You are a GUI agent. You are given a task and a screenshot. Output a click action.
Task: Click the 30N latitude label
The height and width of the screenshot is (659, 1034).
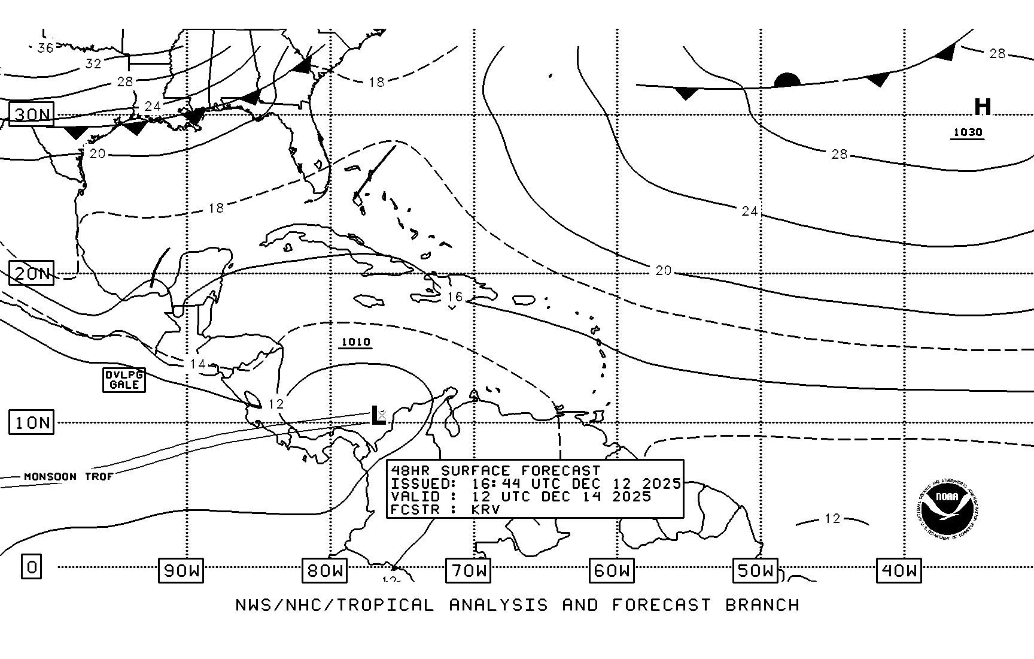pos(32,114)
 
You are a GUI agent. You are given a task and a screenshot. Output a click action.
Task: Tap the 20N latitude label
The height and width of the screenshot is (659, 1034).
pos(32,273)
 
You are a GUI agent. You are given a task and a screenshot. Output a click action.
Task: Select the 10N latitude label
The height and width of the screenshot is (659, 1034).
pos(32,422)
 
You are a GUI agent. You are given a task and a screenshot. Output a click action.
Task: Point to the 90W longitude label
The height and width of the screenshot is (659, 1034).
pos(181,570)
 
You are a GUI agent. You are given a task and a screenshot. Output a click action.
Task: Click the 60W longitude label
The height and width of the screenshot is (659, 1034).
pos(612,570)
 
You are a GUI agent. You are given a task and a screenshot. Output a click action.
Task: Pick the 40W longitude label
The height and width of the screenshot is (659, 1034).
pos(899,570)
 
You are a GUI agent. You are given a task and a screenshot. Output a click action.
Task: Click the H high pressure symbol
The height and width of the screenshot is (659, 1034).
pos(983,107)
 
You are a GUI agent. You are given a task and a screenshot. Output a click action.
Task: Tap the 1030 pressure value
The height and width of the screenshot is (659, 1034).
pos(968,132)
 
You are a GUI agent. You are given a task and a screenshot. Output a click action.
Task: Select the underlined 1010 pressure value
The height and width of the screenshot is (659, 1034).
pos(355,342)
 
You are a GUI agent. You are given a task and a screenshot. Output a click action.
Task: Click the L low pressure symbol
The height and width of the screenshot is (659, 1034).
pos(377,415)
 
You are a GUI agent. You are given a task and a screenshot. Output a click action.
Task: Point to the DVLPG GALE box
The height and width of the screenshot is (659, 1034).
pos(124,380)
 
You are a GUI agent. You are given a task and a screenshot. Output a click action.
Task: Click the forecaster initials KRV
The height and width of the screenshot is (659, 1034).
pos(485,509)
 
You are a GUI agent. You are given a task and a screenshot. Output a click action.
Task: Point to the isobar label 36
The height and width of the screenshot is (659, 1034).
pos(45,48)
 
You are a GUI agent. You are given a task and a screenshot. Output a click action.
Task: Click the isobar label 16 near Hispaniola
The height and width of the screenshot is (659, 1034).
pos(455,297)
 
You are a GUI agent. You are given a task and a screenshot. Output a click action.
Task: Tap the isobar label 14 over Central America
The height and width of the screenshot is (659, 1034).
pos(197,364)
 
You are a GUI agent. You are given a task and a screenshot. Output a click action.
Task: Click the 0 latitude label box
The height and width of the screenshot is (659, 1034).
pos(32,566)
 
